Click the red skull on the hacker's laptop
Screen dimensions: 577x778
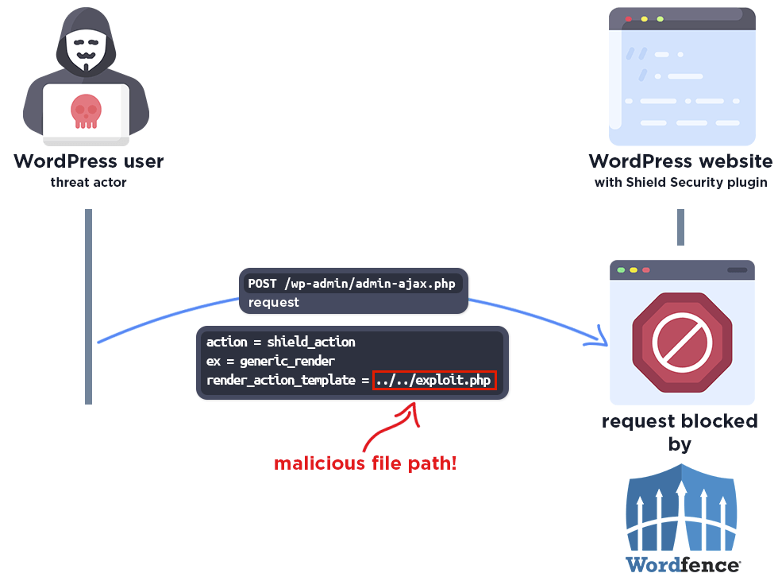pos(86,110)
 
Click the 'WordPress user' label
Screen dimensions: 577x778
pos(89,162)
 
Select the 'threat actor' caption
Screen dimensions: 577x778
pos(88,183)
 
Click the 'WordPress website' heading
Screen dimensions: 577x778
pos(680,162)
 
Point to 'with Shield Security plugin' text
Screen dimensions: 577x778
pos(680,183)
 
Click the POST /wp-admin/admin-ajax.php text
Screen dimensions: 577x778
pos(352,284)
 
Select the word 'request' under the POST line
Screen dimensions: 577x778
pos(274,303)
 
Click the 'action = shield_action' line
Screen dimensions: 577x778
pos(281,342)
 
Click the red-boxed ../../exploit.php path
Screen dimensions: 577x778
pos(434,381)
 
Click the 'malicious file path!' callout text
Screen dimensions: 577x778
pos(365,463)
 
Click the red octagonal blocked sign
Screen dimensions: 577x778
pos(681,341)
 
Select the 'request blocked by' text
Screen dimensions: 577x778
pos(680,432)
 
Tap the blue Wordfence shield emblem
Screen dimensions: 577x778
pos(682,508)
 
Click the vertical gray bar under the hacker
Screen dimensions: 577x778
pos(88,306)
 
